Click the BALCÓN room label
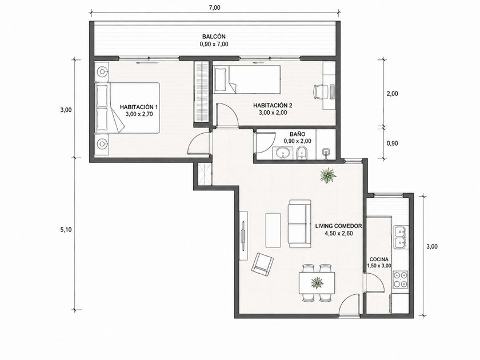pos(214,37)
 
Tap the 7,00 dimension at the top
pos(214,8)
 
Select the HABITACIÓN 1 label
pos(139,107)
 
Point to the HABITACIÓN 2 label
pos(273,106)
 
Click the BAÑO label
pos(297,134)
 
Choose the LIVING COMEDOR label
pos(338,226)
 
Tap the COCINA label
pos(379,259)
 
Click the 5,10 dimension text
pos(66,230)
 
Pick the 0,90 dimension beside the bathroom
pos(392,143)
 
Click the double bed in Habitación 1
pos(127,108)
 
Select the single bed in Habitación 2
pos(247,79)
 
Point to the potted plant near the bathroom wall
pos(328,175)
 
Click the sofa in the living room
pos(299,224)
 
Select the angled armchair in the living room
pos(262,263)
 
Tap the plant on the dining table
pos(317,282)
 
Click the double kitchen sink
pos(401,238)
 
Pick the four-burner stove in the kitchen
pos(401,279)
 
